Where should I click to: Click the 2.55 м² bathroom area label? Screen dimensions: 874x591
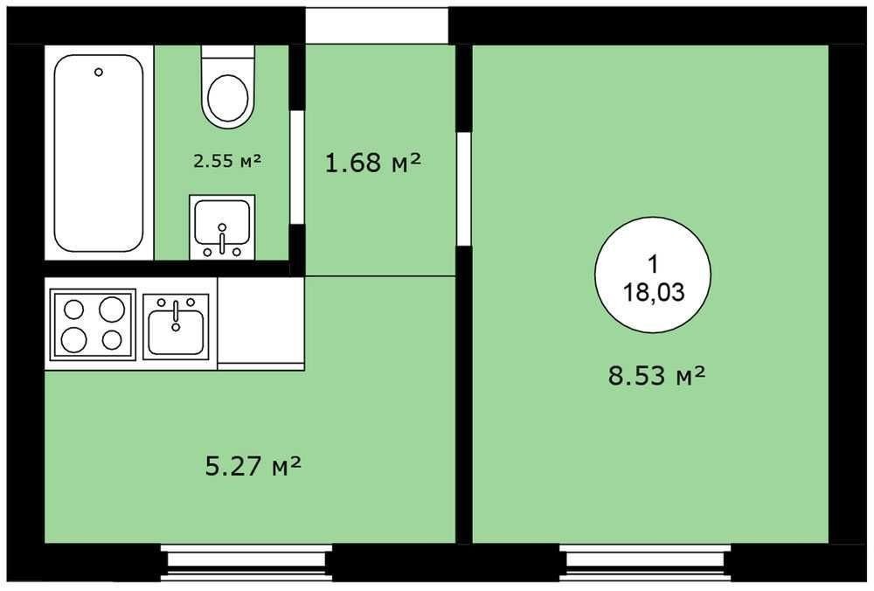[227, 161]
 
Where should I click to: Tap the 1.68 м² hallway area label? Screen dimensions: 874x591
[372, 163]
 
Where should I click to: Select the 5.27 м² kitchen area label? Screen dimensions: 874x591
[253, 466]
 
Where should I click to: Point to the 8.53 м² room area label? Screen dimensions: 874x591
[656, 375]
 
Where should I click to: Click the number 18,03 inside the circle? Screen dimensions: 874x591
[653, 292]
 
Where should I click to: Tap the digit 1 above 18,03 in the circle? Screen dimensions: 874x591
[653, 264]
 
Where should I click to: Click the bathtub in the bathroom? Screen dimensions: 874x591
[99, 153]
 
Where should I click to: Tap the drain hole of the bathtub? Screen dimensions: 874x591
[99, 72]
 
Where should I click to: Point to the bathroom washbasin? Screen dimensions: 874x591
[222, 226]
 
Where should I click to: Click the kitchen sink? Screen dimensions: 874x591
[176, 326]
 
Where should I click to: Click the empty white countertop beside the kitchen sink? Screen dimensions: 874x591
[260, 323]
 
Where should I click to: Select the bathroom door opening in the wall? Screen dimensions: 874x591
[297, 167]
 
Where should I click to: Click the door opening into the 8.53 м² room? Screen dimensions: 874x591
[464, 189]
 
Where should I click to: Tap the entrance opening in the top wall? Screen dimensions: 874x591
[377, 25]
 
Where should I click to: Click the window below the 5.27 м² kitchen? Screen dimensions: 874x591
[246, 563]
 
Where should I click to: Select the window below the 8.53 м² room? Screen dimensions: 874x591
[646, 563]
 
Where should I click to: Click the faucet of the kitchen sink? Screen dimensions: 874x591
[176, 315]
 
